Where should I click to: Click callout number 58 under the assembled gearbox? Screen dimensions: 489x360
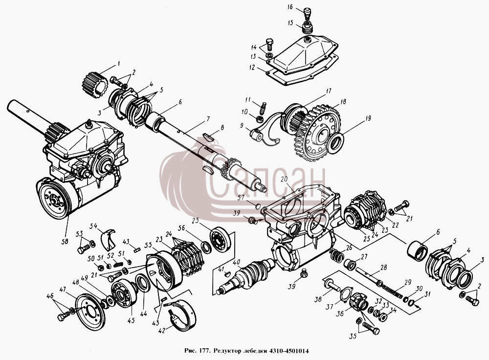coord(65,242)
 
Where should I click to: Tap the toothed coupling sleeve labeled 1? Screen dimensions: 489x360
coord(94,85)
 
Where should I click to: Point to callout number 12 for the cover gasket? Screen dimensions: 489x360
coord(252,67)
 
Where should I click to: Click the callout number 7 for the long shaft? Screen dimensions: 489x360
coord(207,119)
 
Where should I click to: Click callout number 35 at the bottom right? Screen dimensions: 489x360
coord(353,337)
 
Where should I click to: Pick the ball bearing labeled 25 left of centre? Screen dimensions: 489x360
coord(220,239)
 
